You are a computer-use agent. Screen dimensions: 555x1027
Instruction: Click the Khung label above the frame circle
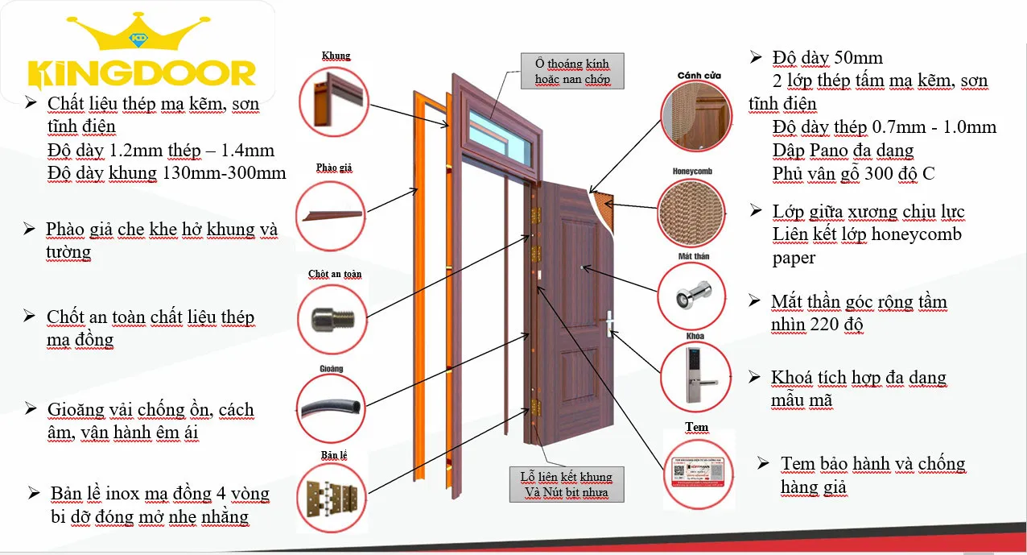click(336, 56)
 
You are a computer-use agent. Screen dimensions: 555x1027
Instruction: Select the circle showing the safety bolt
click(330, 317)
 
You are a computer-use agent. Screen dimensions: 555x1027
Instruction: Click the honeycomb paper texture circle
click(691, 213)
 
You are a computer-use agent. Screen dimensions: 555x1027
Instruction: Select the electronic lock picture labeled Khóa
click(695, 375)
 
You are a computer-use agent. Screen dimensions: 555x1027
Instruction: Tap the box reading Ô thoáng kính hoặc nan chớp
click(572, 71)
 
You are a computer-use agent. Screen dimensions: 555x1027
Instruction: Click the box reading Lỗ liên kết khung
click(567, 484)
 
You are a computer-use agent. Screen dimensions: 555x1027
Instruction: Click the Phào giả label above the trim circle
click(334, 168)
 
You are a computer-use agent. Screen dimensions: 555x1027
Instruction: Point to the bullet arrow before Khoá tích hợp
click(754, 377)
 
